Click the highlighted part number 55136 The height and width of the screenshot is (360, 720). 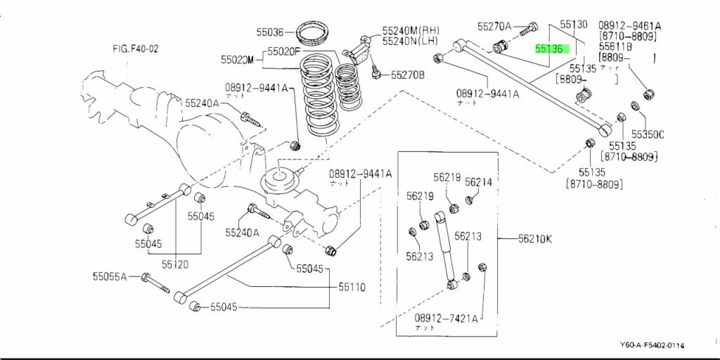coord(548,49)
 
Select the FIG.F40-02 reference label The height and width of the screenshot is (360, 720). coord(135,49)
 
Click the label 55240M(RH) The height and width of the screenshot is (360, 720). coord(411,31)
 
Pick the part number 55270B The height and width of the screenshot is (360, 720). coord(408,74)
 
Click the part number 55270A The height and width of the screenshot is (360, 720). coord(494,27)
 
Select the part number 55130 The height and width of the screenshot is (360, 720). coord(573,25)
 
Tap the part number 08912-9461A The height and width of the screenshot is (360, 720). coord(629,25)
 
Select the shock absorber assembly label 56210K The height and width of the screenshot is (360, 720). coord(535,239)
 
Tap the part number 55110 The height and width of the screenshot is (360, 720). coord(352,287)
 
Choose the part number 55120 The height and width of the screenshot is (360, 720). coord(175,264)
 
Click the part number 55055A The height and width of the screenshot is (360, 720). coord(109,276)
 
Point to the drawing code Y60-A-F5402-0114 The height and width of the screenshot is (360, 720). coord(652,345)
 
